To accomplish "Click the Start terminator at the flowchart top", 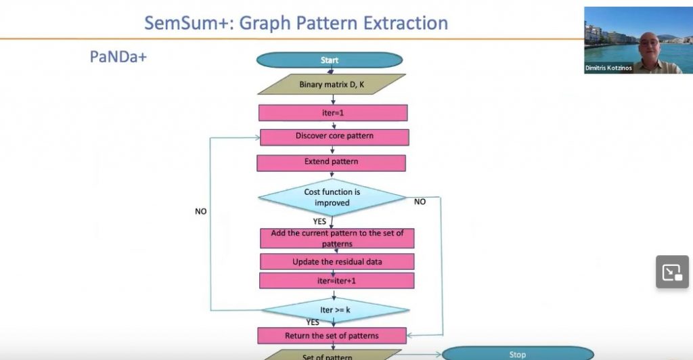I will tap(330, 60).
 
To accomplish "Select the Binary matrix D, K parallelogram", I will tap(332, 85).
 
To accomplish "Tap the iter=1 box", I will tap(332, 112).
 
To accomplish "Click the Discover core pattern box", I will tap(334, 136).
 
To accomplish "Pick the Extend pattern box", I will tap(331, 162).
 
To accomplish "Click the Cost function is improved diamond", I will tap(332, 197).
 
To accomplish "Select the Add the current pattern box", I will tap(337, 238).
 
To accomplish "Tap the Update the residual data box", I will tap(336, 261).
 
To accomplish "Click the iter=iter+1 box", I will tap(336, 280).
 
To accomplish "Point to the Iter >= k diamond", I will tap(336, 310).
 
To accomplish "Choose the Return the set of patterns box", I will tap(332, 336).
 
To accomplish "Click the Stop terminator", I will tap(517, 354).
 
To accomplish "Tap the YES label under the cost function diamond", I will tap(320, 221).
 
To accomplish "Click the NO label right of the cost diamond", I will tap(420, 202).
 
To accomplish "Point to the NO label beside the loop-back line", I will tap(201, 211).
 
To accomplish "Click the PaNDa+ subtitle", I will tap(118, 57).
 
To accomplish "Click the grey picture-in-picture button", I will tap(672, 272).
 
